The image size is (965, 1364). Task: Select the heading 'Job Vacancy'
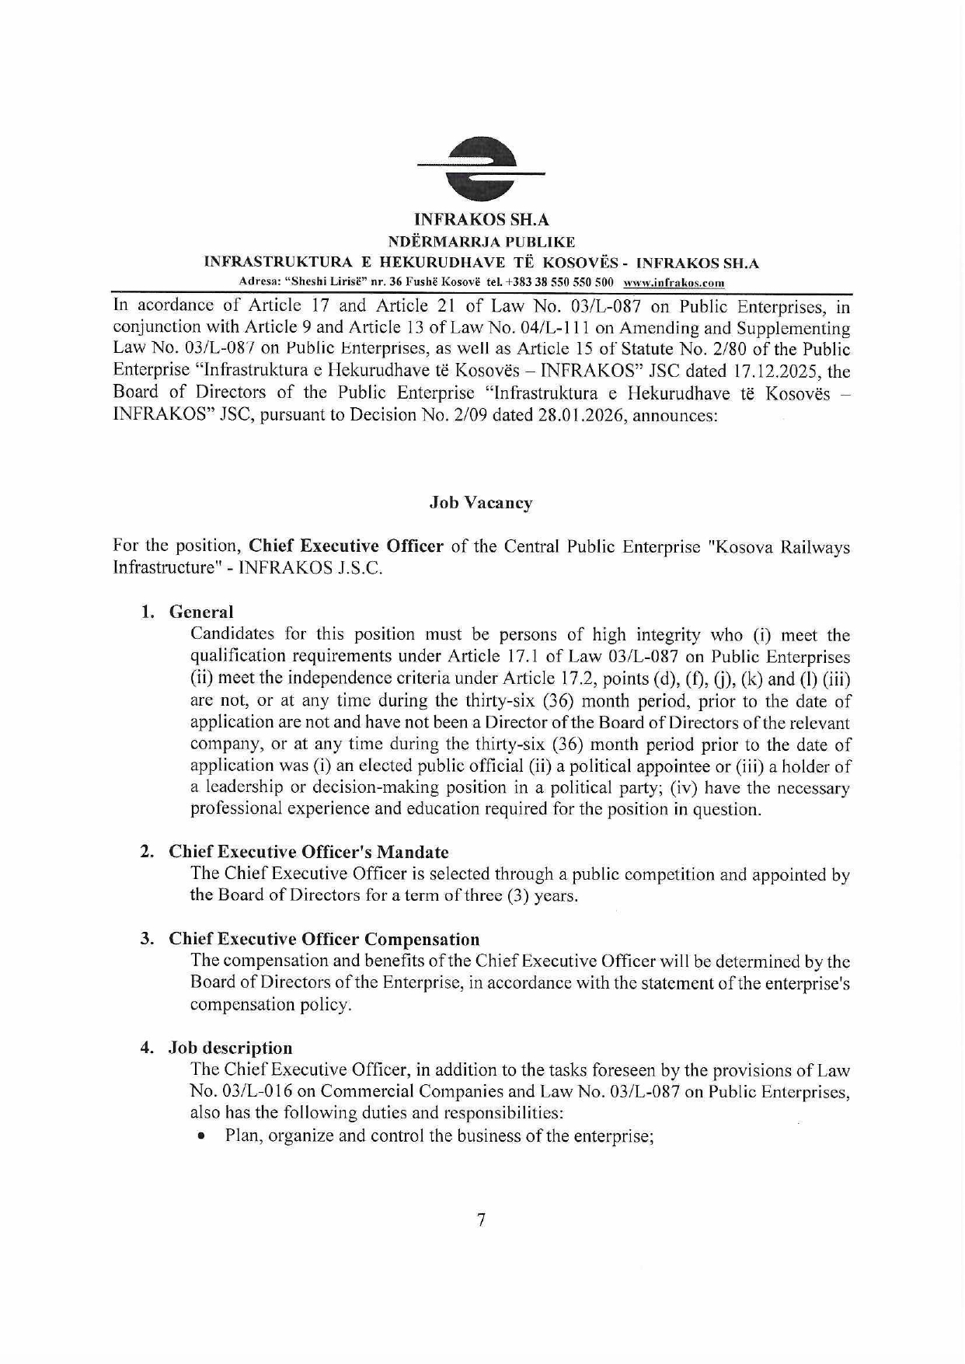481,503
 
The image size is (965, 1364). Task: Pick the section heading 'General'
201,612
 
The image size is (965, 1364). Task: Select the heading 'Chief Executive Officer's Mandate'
308,852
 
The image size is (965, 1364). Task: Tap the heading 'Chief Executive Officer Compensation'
324,939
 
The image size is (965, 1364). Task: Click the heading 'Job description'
231,1048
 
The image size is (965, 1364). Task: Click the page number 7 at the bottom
482,1220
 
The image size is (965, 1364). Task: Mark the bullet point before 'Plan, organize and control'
202,1136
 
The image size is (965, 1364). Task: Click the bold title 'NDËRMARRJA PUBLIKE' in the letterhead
481,242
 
